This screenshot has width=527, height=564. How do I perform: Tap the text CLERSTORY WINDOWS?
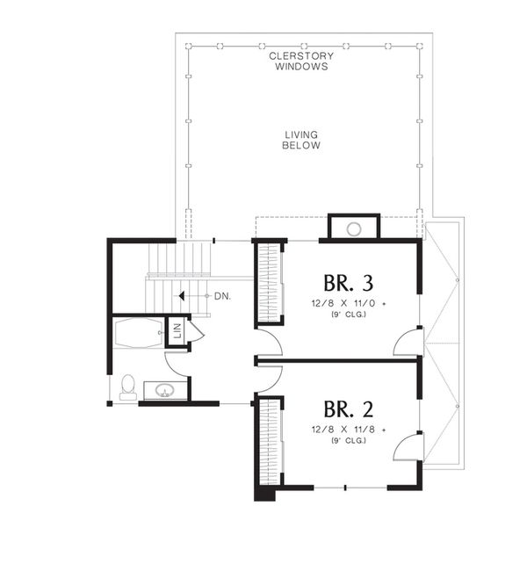tap(301, 61)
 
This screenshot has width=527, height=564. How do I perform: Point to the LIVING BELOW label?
tap(301, 140)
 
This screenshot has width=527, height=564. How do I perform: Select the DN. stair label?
tap(222, 297)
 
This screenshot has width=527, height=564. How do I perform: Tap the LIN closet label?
tap(177, 331)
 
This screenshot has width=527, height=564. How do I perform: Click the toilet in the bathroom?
tap(128, 387)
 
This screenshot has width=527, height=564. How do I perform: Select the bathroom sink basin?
tap(163, 390)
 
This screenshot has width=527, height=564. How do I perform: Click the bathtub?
tap(138, 333)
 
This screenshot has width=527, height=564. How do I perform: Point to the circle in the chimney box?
tap(353, 229)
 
